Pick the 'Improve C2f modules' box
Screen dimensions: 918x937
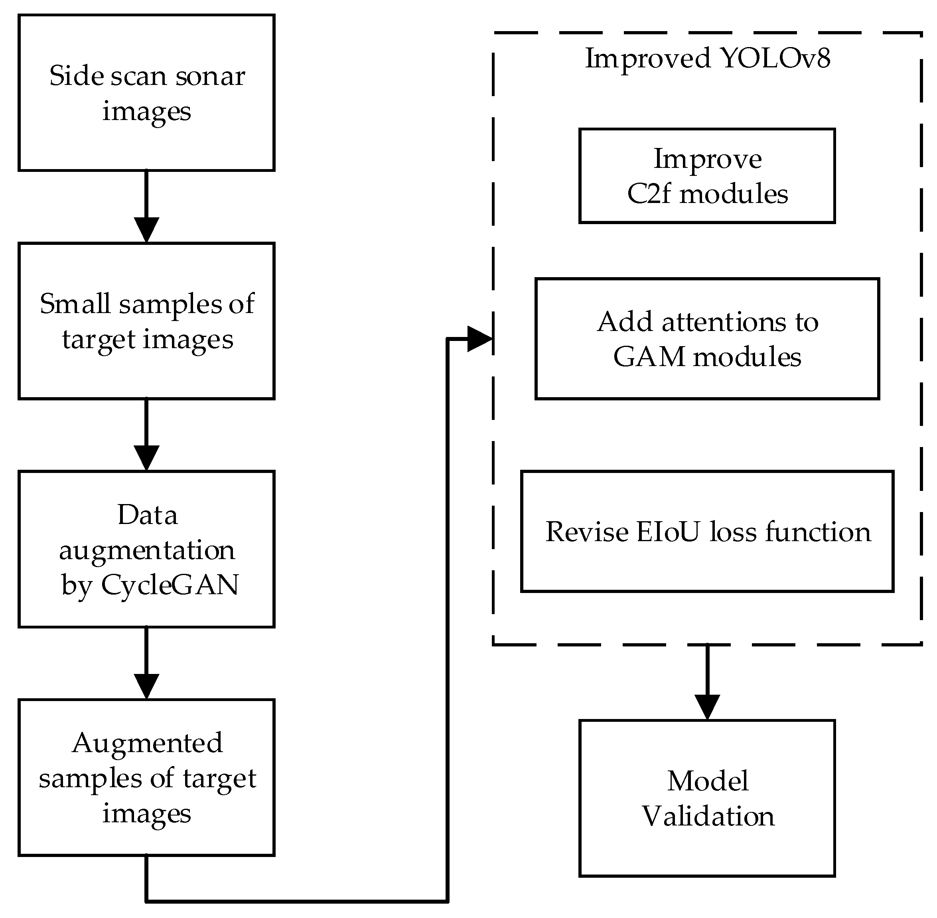[706, 175]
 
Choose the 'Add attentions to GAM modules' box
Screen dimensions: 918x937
[706, 339]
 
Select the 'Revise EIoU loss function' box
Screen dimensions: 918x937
[706, 531]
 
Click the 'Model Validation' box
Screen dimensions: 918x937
[706, 798]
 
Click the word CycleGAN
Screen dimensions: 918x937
[170, 585]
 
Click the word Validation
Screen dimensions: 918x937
[708, 816]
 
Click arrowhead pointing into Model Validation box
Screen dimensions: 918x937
[706, 707]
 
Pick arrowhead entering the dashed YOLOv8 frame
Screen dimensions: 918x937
[479, 339]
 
